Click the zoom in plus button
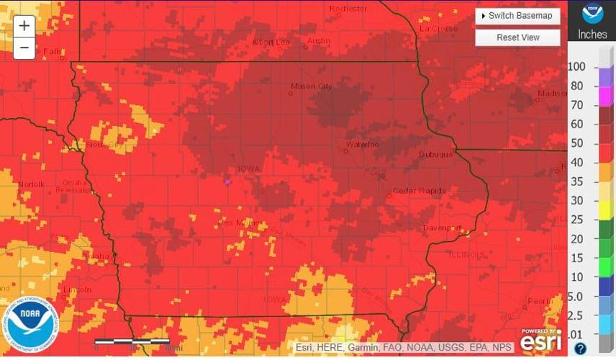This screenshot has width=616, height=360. point(24,26)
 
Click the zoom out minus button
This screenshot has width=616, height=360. point(24,48)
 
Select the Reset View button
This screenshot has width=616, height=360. point(517,37)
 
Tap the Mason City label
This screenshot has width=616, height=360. point(311,86)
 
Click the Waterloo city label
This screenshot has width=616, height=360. point(362,145)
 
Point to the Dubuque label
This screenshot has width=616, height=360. point(436,155)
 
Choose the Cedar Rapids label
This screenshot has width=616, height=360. point(419,191)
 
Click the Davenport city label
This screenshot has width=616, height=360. point(442,228)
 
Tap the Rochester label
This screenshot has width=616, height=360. point(348,9)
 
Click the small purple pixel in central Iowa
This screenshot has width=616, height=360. point(228,182)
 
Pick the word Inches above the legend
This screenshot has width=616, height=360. point(592,35)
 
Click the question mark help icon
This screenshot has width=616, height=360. point(580,348)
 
